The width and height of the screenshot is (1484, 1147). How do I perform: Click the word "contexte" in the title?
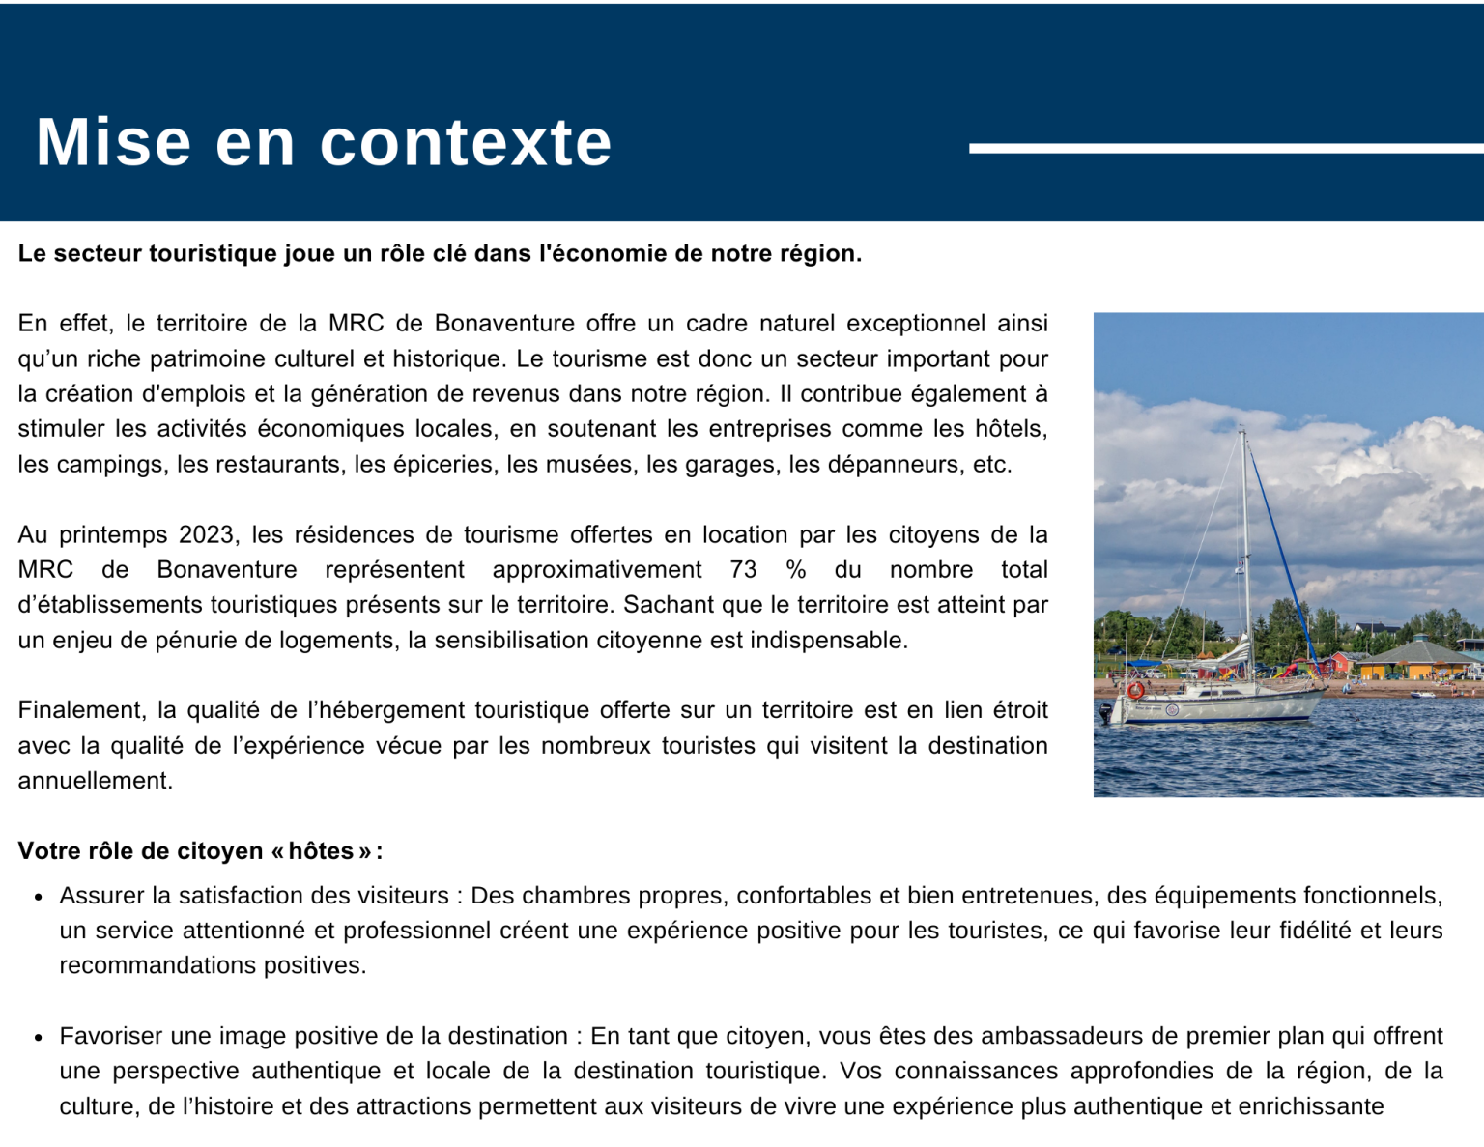pos(466,143)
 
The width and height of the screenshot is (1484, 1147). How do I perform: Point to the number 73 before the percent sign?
pos(743,570)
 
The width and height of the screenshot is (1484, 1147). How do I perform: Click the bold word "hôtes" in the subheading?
pos(321,851)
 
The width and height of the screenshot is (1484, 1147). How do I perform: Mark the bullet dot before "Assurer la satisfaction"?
pos(39,898)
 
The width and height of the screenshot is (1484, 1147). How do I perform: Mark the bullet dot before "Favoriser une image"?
pos(39,1038)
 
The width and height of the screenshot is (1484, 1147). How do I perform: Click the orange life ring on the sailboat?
pos(1136,690)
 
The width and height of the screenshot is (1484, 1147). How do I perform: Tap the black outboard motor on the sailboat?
pos(1106,713)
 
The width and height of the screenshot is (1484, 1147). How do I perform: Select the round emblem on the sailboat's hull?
pos(1173,710)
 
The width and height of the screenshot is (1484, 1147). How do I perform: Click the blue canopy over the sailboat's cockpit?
pos(1146,664)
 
